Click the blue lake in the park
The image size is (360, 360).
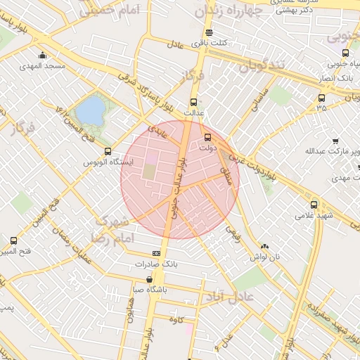pyautogui.click(x=89, y=110)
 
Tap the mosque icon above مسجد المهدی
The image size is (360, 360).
pyautogui.click(x=43, y=56)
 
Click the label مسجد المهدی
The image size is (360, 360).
pyautogui.click(x=46, y=65)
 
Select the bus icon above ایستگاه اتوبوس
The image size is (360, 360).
pyautogui.click(x=107, y=151)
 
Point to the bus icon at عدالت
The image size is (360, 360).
pyautogui.click(x=194, y=101)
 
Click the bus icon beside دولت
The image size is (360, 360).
pyautogui.click(x=207, y=138)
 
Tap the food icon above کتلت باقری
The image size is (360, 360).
pyautogui.click(x=209, y=33)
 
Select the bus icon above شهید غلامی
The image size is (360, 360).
pyautogui.click(x=314, y=205)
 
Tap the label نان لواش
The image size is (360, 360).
pyautogui.click(x=266, y=257)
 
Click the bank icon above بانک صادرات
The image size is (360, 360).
pyautogui.click(x=156, y=254)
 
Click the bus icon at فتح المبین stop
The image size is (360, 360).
pyautogui.click(x=13, y=240)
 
